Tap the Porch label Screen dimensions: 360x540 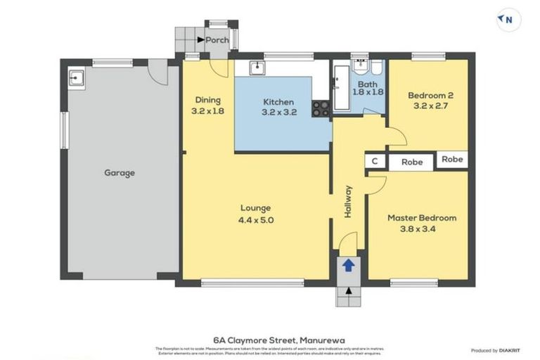click(217, 40)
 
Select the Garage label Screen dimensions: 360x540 click(120, 172)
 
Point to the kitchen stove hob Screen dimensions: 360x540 click(321, 108)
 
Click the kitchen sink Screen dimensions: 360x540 click(258, 67)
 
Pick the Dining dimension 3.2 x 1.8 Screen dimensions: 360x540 click(207, 111)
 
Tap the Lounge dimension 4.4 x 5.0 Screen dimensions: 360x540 click(255, 219)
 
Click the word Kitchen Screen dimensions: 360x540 click(278, 102)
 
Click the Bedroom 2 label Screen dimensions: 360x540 click(430, 96)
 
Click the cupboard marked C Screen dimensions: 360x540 click(375, 162)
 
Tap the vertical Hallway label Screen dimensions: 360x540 click(348, 201)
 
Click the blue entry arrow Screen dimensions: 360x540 click(348, 265)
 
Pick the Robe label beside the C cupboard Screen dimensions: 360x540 click(412, 162)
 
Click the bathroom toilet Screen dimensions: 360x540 click(375, 68)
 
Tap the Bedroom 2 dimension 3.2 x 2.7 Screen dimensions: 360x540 click(429, 106)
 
